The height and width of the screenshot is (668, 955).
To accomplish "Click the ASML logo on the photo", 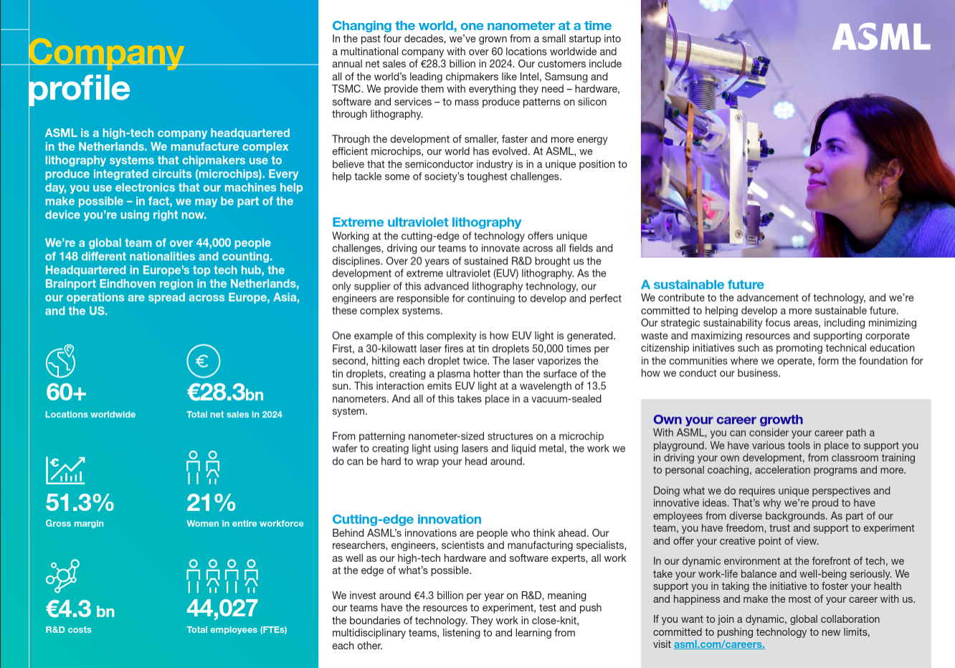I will [x=881, y=37].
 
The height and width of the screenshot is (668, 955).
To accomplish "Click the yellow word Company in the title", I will [x=106, y=52].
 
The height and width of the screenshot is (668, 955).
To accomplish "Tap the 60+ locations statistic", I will [x=66, y=392].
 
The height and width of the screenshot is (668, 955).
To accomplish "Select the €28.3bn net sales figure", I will [x=225, y=392].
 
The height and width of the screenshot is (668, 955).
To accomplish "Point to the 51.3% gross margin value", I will [x=80, y=502].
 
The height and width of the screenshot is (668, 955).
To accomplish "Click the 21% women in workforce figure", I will [x=211, y=502].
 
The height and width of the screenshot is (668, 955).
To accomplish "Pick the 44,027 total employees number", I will [x=222, y=608].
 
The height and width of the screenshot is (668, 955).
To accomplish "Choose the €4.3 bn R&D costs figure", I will [x=80, y=609].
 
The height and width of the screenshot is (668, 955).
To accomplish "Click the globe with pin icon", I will [x=61, y=361].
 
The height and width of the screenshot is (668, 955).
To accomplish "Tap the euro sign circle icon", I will [x=203, y=361].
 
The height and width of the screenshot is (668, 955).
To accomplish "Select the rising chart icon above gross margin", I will [x=65, y=470].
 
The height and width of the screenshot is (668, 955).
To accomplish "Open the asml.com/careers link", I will [x=719, y=644].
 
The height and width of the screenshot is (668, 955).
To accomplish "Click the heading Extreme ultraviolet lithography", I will [x=427, y=222].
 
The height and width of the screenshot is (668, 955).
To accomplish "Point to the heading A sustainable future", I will [x=703, y=285].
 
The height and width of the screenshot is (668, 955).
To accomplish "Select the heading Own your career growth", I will [x=728, y=419].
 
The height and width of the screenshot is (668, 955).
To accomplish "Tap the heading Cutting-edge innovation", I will [x=407, y=519].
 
